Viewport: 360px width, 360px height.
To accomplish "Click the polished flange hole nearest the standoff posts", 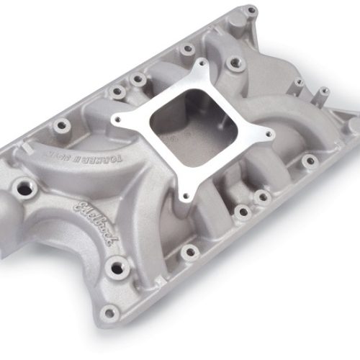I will pyautogui.click(x=268, y=133).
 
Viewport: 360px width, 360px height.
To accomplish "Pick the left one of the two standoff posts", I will pyautogui.click(x=299, y=84).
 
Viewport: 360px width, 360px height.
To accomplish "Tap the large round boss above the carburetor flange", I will pyautogui.click(x=235, y=65).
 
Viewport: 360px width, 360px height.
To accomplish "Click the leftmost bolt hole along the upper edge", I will pyautogui.click(x=63, y=125).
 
